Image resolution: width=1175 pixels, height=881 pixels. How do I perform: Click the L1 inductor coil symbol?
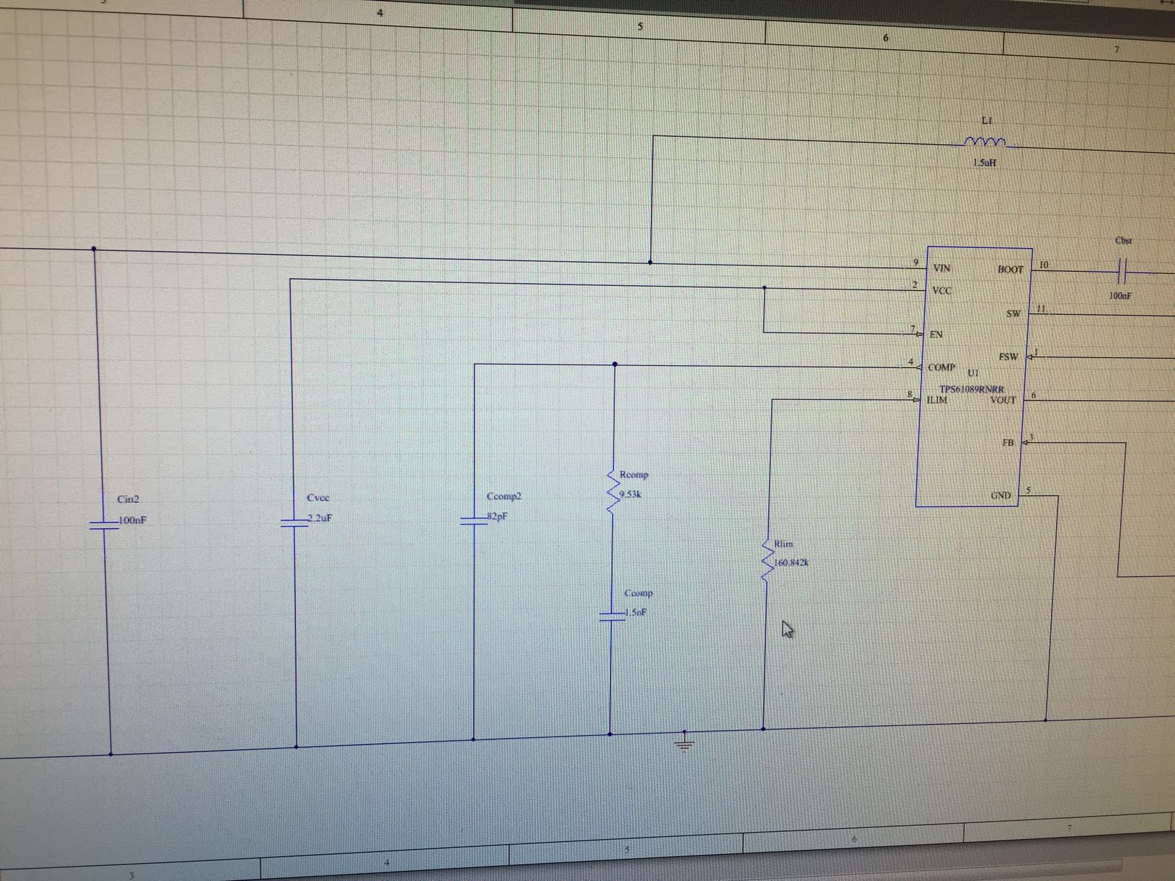(x=985, y=142)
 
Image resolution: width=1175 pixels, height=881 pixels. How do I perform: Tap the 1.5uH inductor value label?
(x=984, y=163)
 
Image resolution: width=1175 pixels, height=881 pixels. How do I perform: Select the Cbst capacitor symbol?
(x=1122, y=272)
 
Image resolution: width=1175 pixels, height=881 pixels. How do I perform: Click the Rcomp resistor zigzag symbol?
(x=611, y=491)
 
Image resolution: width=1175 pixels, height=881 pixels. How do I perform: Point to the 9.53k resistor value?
(x=631, y=495)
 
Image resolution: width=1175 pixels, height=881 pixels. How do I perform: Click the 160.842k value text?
(x=791, y=563)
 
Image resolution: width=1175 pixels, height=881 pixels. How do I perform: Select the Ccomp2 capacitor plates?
(x=474, y=521)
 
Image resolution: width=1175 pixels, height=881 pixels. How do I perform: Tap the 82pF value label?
(x=497, y=517)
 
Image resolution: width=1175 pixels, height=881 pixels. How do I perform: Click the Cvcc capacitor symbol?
(x=295, y=523)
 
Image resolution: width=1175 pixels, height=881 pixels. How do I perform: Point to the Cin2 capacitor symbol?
(x=105, y=525)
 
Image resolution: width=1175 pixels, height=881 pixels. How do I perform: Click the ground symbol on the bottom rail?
(x=684, y=743)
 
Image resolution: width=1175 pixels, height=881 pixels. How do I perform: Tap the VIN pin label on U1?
(x=942, y=268)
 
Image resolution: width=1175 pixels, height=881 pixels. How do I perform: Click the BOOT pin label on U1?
(x=1010, y=269)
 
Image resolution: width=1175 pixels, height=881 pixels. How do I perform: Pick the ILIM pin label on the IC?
(x=937, y=400)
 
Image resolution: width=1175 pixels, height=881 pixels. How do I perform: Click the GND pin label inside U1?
(x=1001, y=495)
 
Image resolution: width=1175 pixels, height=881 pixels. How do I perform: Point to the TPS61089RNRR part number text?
(x=971, y=389)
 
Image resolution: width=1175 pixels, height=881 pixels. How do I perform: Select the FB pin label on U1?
(x=1008, y=442)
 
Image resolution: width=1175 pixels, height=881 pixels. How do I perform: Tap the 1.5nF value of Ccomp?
(x=636, y=612)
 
